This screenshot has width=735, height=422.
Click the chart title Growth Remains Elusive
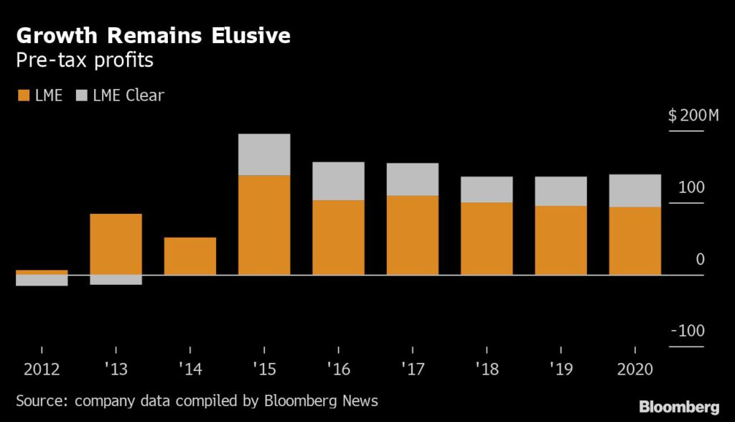(153, 35)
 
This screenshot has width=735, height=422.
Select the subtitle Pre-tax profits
(85, 60)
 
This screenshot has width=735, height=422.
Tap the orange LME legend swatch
(22, 95)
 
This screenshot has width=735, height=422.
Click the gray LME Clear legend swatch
(80, 95)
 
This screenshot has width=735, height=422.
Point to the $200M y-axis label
(693, 116)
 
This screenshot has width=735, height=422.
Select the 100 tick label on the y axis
(693, 187)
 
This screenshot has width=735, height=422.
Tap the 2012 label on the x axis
(42, 370)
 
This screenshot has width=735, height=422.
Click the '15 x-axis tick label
(263, 370)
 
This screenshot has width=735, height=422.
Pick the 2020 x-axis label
(635, 370)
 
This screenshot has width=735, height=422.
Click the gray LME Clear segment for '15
(264, 154)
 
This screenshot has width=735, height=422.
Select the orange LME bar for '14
(190, 255)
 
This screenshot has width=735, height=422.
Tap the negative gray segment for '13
(116, 280)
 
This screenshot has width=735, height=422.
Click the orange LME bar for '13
(116, 244)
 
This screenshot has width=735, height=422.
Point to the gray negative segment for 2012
(42, 281)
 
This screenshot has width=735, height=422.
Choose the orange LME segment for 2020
(635, 240)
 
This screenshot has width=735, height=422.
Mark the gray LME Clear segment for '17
(412, 179)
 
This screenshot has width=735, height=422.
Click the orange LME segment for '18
(487, 238)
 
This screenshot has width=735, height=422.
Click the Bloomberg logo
(678, 406)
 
